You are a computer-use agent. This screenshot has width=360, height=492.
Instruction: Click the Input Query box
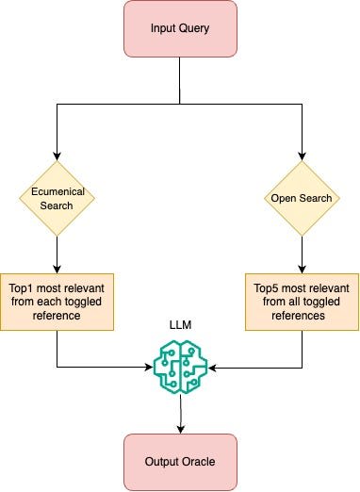(180, 28)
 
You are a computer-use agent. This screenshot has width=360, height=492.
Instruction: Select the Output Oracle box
(180, 462)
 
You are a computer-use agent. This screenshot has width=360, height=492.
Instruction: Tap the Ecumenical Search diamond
(57, 198)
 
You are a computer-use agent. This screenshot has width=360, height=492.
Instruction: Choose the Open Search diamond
(302, 198)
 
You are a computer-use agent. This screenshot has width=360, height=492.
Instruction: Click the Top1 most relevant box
(57, 302)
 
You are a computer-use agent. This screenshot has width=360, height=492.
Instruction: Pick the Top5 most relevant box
(302, 302)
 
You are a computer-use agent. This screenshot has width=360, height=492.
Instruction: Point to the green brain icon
(180, 367)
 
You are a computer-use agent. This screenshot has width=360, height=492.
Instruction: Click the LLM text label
(180, 324)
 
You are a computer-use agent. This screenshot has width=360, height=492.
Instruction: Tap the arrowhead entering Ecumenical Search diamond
(57, 156)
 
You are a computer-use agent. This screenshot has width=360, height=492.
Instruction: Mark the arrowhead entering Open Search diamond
(302, 156)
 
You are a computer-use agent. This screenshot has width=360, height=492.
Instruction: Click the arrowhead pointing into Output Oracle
(181, 430)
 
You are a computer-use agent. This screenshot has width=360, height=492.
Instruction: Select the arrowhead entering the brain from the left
(149, 367)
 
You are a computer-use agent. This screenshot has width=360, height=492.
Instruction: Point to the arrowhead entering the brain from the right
(212, 368)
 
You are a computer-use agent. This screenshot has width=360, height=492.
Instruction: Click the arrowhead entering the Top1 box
(57, 270)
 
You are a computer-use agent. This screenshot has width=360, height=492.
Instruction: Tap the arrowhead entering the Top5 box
(302, 270)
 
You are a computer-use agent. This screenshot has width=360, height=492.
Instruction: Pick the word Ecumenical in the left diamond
(57, 191)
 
